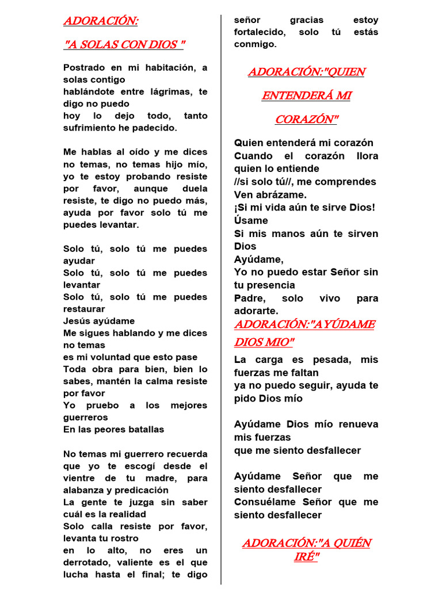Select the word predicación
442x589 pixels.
coord(140,490)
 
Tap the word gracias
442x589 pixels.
coord(307,20)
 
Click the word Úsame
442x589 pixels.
coord(251,220)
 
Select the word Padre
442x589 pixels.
coord(249,298)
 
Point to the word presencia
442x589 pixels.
coord(270,285)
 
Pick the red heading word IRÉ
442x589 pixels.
coord(305,556)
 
